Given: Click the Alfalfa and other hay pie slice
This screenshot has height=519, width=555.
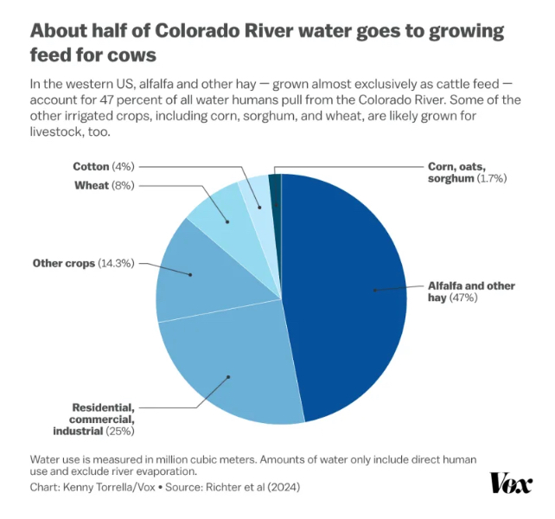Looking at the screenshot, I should tap(346, 294).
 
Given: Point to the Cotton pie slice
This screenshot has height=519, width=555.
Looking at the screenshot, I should tap(255, 192).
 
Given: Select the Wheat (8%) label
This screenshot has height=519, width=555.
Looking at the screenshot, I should tap(103, 185).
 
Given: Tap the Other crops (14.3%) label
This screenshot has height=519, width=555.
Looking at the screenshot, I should tap(83, 263).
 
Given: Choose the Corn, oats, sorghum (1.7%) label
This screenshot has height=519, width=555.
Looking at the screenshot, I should tap(467, 171).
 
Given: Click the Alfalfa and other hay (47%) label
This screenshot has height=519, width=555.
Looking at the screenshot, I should tap(471, 292).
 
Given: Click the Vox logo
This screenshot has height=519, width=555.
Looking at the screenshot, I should tap(511, 483).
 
